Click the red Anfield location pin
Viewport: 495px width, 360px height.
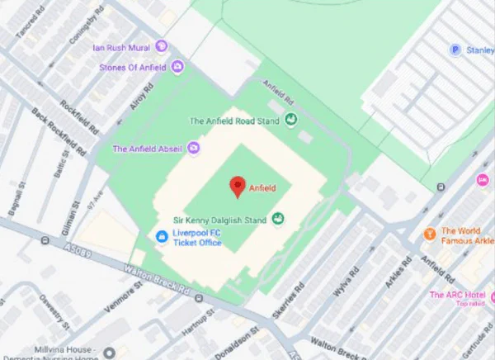238,186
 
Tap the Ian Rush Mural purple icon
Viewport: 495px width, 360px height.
161,46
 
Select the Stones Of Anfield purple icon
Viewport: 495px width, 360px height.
177,67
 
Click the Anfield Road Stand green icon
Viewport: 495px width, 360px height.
290,121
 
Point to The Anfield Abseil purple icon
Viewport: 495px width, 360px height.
194,149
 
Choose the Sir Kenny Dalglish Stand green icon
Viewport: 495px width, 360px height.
278,219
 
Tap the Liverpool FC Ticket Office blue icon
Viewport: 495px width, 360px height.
163,237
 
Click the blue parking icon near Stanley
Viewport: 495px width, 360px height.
455,50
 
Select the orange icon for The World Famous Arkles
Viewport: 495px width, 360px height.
429,234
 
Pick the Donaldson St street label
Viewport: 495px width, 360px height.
244,339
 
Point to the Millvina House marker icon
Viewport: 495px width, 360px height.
109,353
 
